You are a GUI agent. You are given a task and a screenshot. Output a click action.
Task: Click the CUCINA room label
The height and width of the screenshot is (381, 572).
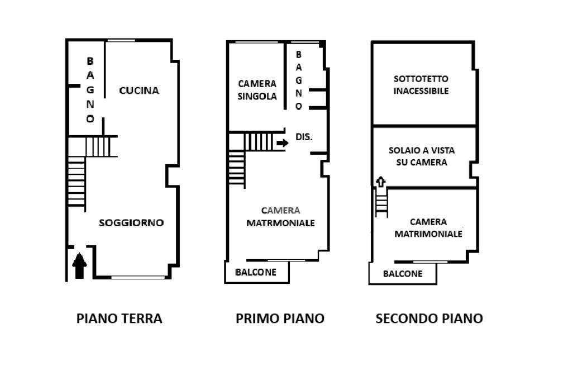click(139, 91)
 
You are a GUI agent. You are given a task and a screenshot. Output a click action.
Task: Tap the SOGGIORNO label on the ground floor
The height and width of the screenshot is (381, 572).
click(131, 222)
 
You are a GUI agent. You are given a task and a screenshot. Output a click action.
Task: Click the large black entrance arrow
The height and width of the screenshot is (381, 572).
click(79, 265)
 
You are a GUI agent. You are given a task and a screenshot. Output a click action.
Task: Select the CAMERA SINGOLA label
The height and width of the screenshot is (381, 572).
click(257, 90)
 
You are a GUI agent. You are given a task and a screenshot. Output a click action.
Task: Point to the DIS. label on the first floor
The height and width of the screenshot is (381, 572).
click(304, 137)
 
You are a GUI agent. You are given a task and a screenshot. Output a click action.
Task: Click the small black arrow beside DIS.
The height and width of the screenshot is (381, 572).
click(282, 142)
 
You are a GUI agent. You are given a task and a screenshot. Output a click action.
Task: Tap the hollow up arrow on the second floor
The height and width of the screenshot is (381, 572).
click(381, 182)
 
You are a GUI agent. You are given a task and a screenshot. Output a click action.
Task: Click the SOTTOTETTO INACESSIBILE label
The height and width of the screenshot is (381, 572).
click(421, 85)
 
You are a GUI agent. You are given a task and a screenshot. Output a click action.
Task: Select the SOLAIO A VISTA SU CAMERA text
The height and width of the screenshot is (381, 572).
click(422, 156)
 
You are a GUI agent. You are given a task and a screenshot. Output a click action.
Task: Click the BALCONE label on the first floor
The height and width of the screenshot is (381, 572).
click(256, 272)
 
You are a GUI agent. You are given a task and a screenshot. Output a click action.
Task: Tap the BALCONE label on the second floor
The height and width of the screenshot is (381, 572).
click(403, 274)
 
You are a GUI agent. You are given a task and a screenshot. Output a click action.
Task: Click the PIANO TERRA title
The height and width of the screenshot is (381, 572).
click(120, 318)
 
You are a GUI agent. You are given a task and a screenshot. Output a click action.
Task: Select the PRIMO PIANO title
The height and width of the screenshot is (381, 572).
click(280, 318)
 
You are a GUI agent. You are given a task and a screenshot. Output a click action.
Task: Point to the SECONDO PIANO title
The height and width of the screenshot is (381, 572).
click(430, 318)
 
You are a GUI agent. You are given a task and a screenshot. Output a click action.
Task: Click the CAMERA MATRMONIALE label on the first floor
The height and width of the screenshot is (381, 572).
click(280, 217)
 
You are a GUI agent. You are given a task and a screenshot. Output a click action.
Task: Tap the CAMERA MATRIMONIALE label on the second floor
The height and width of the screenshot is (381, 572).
click(428, 228)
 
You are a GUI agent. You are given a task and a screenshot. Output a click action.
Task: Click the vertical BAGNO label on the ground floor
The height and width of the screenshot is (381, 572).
click(90, 90)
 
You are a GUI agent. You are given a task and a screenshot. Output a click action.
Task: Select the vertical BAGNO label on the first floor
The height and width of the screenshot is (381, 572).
click(299, 80)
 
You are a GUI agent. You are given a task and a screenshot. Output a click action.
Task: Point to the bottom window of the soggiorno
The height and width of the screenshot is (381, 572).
click(138, 277)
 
